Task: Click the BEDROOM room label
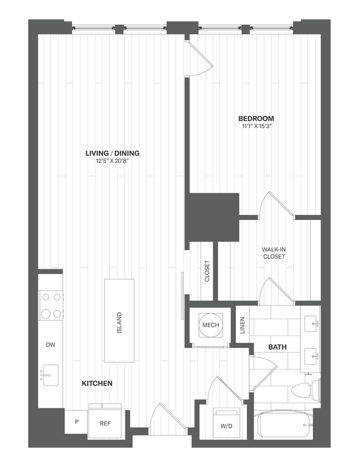click(256, 119)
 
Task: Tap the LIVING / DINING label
click(112, 153)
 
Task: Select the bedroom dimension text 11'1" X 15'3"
click(256, 127)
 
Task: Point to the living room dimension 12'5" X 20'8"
click(112, 162)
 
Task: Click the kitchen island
click(119, 321)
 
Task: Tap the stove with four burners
click(50, 305)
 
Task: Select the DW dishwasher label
click(50, 345)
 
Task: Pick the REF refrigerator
click(106, 423)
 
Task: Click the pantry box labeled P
click(76, 422)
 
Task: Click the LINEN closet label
click(242, 325)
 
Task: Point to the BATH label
click(277, 347)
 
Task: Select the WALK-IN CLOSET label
click(274, 253)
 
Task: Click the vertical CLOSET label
click(207, 272)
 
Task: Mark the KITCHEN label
click(97, 383)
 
